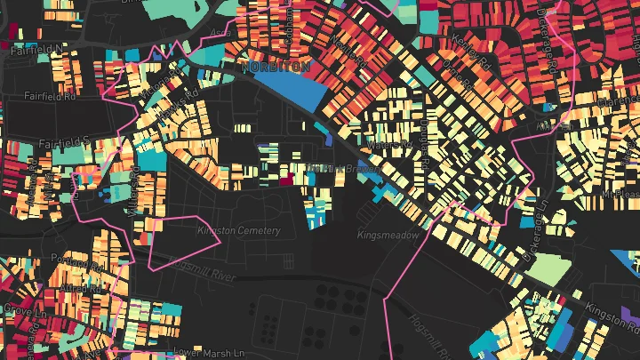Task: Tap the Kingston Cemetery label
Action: click(x=238, y=231)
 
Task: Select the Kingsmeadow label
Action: click(x=386, y=236)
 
